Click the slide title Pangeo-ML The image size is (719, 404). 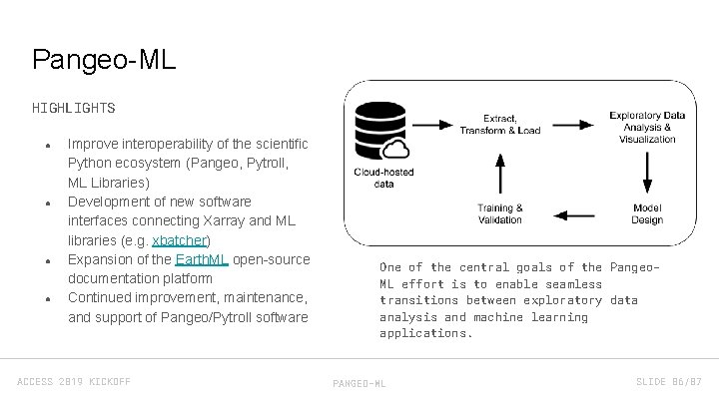point(104,60)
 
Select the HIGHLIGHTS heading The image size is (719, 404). point(73,108)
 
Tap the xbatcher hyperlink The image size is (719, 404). point(180,240)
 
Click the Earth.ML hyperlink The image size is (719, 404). point(202,259)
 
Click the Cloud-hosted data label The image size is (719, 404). point(383,178)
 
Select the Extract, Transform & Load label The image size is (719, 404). point(500,124)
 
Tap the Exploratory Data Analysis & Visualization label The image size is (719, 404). point(646,127)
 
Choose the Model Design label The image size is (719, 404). point(647,213)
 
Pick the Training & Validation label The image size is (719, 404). point(500,213)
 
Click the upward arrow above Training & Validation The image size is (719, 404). point(500,169)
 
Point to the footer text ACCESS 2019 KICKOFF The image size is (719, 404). point(74,382)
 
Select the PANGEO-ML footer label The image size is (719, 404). point(359,383)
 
